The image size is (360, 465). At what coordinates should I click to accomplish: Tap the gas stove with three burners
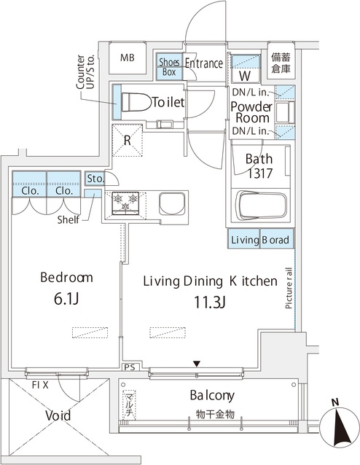(x=125, y=203)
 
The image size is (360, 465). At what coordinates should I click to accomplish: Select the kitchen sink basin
(x=172, y=204)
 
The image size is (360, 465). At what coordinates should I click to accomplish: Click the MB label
(x=128, y=58)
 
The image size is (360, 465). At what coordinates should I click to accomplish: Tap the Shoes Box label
(x=169, y=67)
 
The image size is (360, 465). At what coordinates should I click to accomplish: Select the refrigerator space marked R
(x=128, y=141)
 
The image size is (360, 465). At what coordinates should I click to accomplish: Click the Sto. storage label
(x=95, y=179)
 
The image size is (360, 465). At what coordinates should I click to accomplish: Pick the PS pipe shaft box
(x=130, y=367)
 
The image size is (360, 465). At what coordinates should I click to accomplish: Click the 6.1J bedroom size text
(x=66, y=300)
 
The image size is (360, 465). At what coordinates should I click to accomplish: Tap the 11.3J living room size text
(x=211, y=302)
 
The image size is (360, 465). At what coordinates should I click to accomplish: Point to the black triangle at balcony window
(x=197, y=364)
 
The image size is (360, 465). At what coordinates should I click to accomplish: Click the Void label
(x=58, y=415)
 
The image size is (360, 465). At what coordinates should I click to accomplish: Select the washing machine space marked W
(x=246, y=76)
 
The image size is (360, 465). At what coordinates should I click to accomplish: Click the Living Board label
(x=260, y=240)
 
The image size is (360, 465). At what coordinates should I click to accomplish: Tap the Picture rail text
(x=289, y=288)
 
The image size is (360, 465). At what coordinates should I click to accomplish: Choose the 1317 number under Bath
(x=259, y=173)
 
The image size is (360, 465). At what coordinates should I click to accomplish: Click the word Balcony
(x=212, y=395)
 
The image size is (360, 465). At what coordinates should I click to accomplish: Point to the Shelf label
(x=69, y=220)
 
